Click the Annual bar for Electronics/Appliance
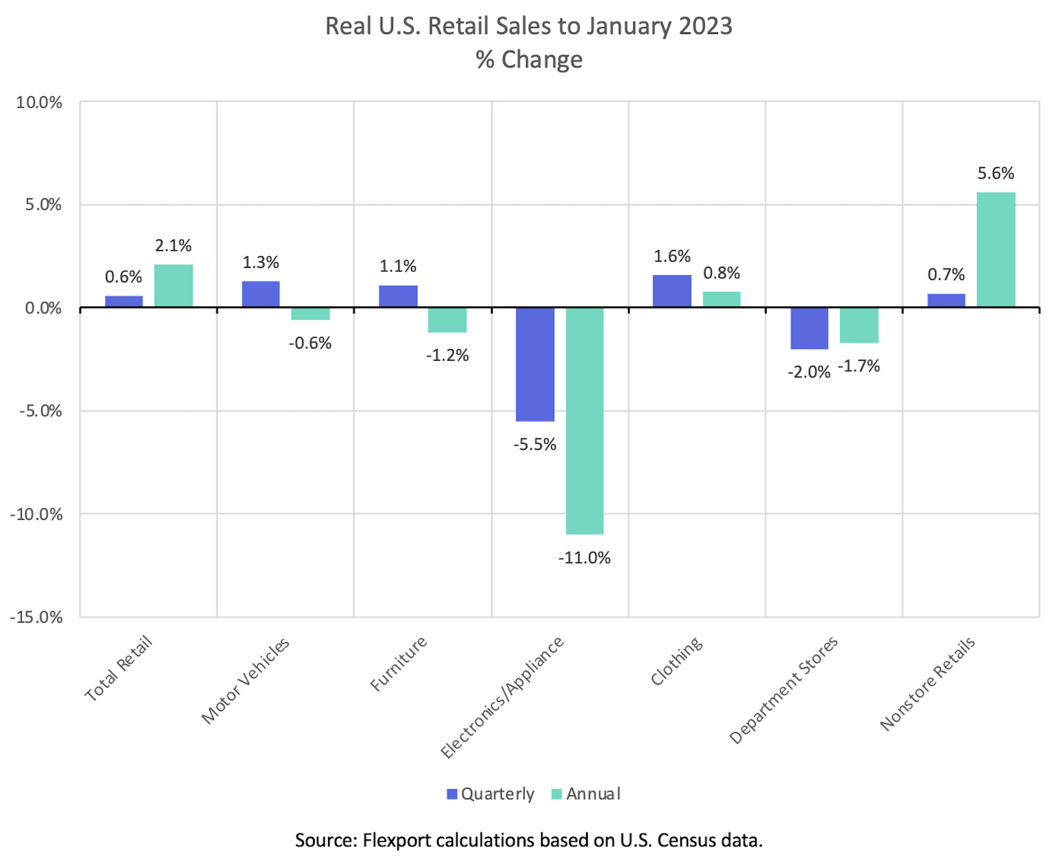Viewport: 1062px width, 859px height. tap(584, 421)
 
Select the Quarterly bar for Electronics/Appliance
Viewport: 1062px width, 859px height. tap(535, 364)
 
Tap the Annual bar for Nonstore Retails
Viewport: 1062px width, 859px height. tap(996, 249)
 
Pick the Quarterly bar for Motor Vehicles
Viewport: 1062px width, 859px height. tap(261, 294)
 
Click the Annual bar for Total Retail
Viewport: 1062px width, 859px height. tap(173, 286)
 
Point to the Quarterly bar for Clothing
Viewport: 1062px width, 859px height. tap(672, 291)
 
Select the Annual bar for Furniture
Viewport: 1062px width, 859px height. tap(447, 320)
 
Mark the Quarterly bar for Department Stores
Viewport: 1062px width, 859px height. tap(809, 328)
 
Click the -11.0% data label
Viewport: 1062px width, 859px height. tap(584, 558)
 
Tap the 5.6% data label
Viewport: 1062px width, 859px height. tap(996, 173)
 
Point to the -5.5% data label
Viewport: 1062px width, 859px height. tap(535, 444)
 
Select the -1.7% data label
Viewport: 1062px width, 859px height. tap(859, 366)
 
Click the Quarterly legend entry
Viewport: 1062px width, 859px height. tap(490, 794)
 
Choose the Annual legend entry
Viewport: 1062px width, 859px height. tap(586, 794)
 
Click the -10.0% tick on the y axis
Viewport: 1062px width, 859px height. tap(36, 514)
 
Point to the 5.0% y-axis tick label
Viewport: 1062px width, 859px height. tap(43, 205)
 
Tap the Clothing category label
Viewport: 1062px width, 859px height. tap(676, 661)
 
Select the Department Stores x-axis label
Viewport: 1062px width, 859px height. tap(783, 690)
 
